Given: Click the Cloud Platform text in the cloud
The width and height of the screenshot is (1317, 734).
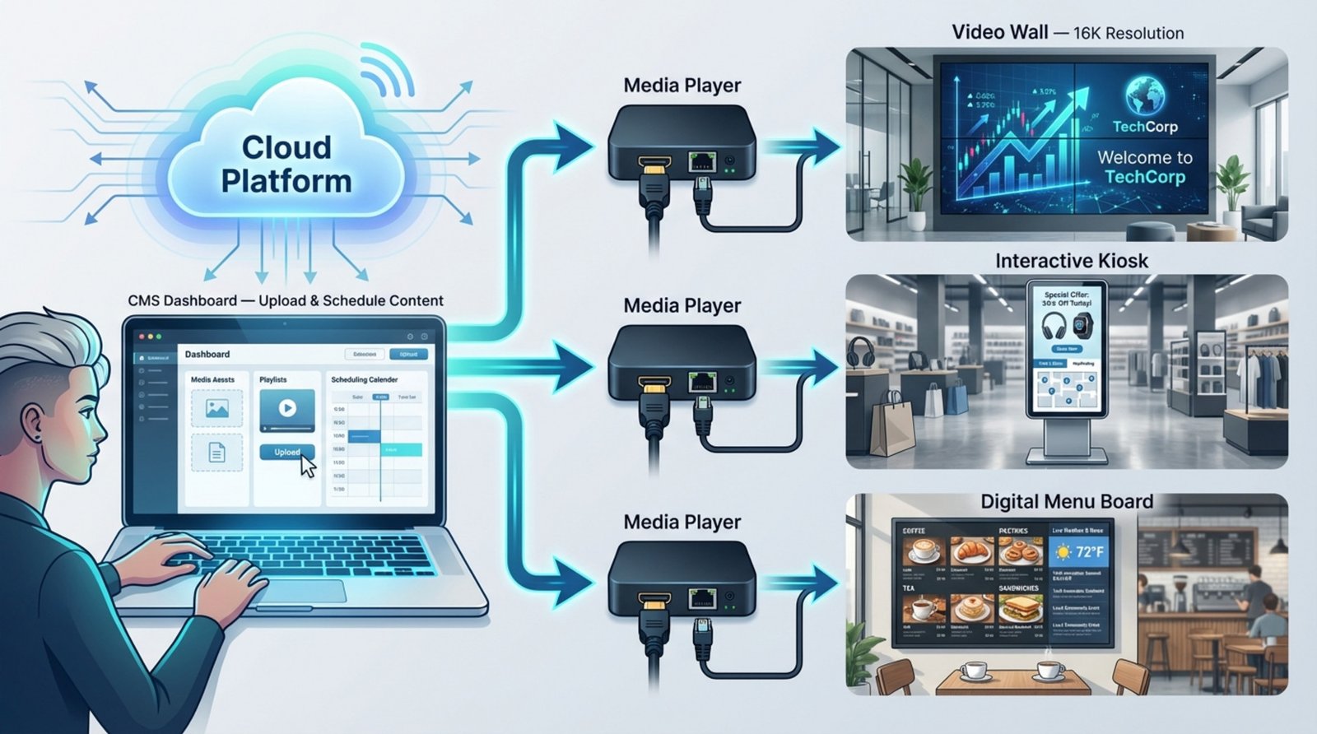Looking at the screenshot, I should (286, 164).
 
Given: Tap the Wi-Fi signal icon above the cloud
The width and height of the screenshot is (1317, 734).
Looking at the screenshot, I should (385, 71).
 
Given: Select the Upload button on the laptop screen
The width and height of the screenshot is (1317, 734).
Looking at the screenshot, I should (286, 452).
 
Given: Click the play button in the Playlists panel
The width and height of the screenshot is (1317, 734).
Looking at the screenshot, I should (286, 407).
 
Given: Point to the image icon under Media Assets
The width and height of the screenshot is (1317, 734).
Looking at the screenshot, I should (216, 409).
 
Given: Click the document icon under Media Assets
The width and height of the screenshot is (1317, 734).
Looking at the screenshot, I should (216, 453).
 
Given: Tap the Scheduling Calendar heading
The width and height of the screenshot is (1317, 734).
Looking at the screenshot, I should (364, 379).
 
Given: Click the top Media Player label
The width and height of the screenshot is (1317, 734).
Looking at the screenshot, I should (682, 86).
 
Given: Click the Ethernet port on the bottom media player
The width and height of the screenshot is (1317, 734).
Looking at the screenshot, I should (701, 598).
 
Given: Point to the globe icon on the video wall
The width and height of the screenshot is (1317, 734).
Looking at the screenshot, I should (1145, 95).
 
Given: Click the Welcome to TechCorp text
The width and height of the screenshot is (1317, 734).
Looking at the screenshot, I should (1144, 167).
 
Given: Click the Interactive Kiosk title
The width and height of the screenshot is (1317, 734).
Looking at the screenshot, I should (1071, 261).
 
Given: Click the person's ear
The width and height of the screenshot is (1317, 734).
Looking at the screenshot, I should (34, 422).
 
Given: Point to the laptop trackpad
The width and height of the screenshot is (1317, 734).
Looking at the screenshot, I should (305, 591).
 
